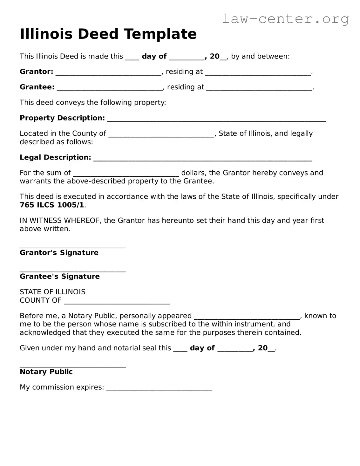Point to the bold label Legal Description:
(55, 157)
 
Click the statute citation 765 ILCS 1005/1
(52, 205)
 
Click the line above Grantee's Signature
(72, 271)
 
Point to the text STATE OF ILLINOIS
(52, 292)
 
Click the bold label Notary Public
(46, 372)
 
